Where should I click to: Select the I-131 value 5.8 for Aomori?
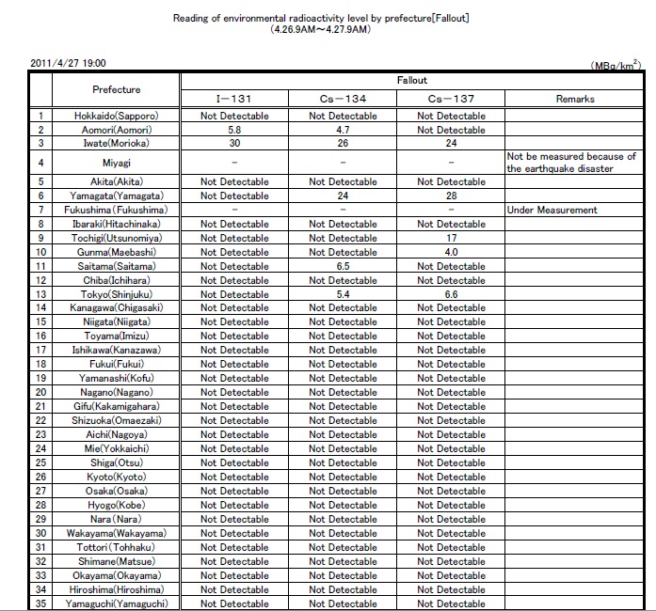pyautogui.click(x=234, y=130)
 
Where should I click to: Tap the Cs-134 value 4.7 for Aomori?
pyautogui.click(x=343, y=130)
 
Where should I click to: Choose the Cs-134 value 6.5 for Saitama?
pyautogui.click(x=343, y=266)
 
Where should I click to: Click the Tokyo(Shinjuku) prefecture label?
pyautogui.click(x=117, y=294)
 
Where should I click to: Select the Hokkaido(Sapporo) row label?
pyautogui.click(x=117, y=116)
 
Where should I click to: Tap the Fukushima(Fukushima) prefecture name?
pyautogui.click(x=117, y=210)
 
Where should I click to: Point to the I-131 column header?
pyautogui.click(x=234, y=99)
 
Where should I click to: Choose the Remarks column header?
pyautogui.click(x=575, y=99)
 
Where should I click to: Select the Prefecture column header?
pyautogui.click(x=117, y=89)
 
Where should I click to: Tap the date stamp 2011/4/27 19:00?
pyautogui.click(x=69, y=63)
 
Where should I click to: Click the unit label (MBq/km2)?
pyautogui.click(x=615, y=65)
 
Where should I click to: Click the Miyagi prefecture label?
pyautogui.click(x=117, y=163)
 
